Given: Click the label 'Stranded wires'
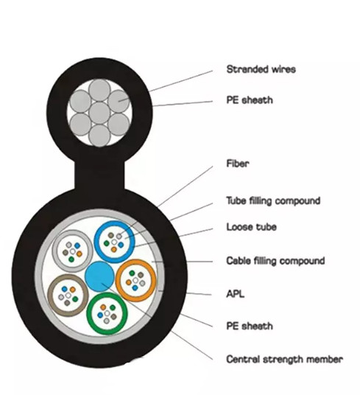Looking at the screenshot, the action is [x=261, y=69].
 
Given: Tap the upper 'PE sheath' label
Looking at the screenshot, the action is [x=250, y=100].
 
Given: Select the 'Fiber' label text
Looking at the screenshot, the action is [x=238, y=164].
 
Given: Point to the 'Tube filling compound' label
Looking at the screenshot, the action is [x=273, y=201].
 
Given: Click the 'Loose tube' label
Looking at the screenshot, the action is [x=251, y=227].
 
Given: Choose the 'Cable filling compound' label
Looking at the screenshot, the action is [x=275, y=261].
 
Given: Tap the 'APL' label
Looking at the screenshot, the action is [x=236, y=294].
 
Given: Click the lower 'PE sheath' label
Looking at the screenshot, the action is [x=250, y=326].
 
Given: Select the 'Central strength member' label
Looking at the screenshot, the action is [x=284, y=359].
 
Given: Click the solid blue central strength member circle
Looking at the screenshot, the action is [x=99, y=276].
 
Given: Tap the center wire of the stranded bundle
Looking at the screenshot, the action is [x=99, y=113].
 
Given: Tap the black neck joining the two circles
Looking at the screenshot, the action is [x=99, y=175].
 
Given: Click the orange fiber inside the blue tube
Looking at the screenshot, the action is [x=114, y=249].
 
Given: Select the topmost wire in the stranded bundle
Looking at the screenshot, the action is [x=99, y=90].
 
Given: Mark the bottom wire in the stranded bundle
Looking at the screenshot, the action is [x=99, y=136].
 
